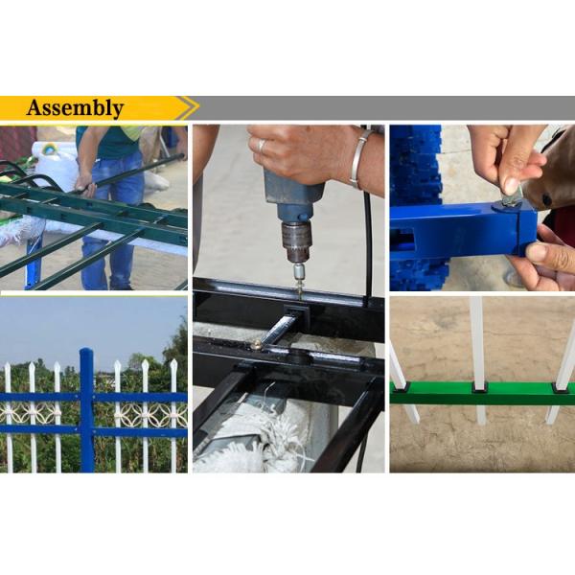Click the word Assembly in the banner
(x=75, y=108)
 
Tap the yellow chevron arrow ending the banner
(x=189, y=107)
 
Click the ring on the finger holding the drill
(x=261, y=146)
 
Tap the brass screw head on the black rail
(x=256, y=342)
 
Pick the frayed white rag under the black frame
(x=240, y=436)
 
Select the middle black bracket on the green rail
(x=480, y=386)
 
